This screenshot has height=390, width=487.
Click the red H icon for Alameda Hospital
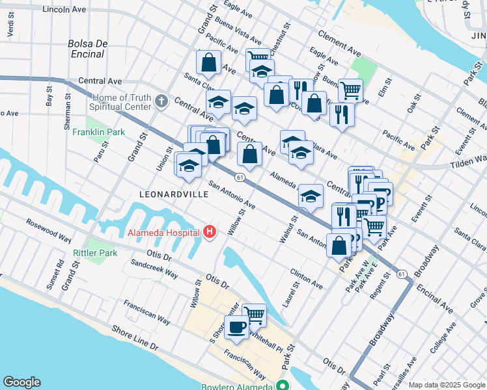coord(209,231)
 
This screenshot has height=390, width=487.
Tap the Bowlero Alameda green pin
coord(282,385)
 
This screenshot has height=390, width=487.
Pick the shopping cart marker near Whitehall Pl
coord(254,315)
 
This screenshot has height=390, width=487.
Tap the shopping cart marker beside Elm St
coord(350,90)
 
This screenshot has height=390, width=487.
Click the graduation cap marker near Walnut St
coord(311,196)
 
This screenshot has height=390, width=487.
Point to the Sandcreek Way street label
coord(154,270)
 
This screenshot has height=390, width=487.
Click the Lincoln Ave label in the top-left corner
coord(64,10)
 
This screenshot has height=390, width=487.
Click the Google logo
coord(21,382)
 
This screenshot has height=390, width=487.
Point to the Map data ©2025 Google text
coord(447,385)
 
